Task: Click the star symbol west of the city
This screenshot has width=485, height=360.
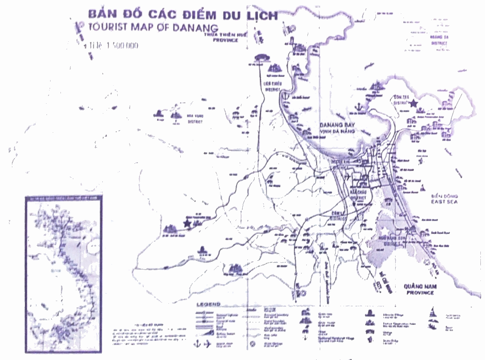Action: (x=186, y=223)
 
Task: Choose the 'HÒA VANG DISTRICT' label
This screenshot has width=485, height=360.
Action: (x=196, y=120)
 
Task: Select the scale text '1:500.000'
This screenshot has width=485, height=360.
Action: (x=114, y=46)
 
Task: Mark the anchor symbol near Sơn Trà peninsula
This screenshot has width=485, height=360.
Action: (x=356, y=107)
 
